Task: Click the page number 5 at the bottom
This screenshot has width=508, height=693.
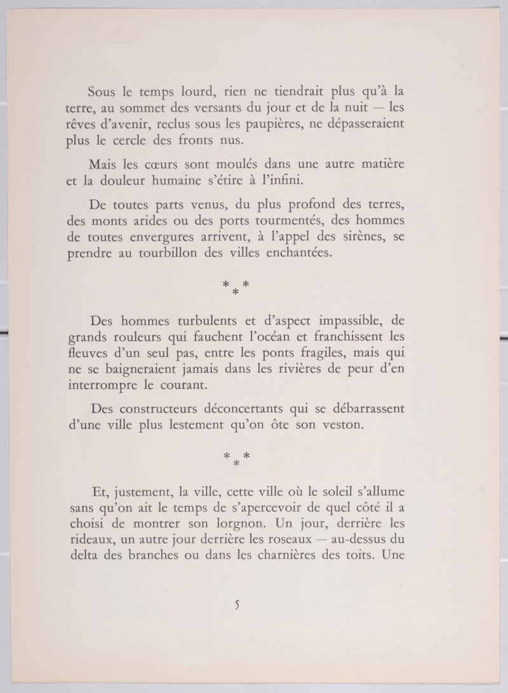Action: click(237, 605)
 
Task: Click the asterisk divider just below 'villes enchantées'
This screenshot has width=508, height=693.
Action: click(236, 287)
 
